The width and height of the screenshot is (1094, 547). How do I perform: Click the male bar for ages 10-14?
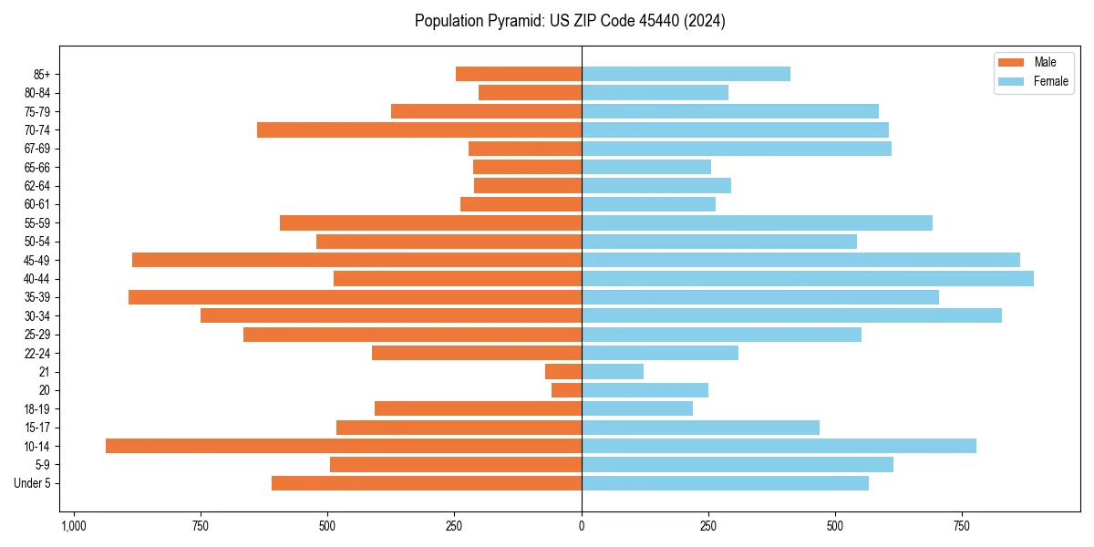coord(344,446)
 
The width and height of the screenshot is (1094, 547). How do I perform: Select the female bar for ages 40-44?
coord(808,278)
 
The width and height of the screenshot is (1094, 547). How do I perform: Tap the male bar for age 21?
coord(563,371)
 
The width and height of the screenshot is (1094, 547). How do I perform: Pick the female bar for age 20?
coord(645,390)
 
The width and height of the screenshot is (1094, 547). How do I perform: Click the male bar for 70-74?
coord(419,129)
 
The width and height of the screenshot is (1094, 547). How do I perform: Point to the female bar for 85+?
coord(686,74)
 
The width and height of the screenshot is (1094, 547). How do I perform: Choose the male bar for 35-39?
coord(356,297)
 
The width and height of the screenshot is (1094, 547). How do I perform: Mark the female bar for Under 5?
coord(725,483)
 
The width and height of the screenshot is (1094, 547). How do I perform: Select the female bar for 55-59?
coord(757,222)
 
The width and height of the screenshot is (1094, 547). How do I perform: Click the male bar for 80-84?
coord(530,92)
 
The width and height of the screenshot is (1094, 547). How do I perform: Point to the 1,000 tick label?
coord(73,526)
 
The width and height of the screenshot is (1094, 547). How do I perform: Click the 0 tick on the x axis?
coord(582,526)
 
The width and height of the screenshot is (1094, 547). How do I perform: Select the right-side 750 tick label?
coord(961,526)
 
